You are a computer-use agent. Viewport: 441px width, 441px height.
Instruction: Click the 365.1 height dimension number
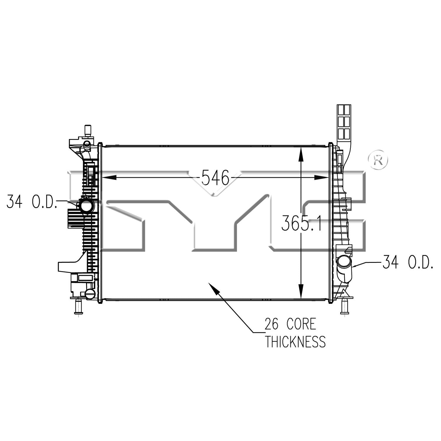[x=301, y=223]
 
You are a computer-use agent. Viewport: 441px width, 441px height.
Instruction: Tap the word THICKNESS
[x=295, y=342]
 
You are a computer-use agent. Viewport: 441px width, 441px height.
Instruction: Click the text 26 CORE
[x=290, y=324]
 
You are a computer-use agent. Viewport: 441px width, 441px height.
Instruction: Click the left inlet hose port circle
[x=86, y=205]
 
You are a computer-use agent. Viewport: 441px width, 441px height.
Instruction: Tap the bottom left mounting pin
[x=78, y=307]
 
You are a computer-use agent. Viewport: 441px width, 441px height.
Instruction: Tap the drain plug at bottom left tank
[x=90, y=293]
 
